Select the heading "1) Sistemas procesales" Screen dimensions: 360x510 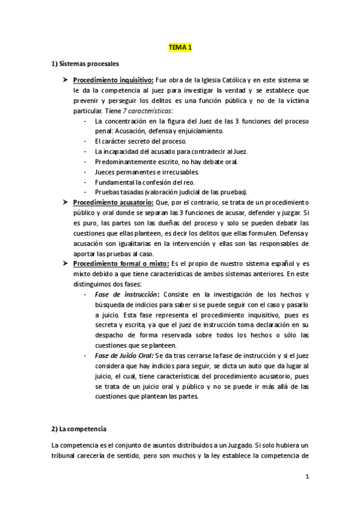[85, 63]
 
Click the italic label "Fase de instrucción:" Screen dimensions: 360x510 [128, 295]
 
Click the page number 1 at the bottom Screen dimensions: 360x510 [307, 478]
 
